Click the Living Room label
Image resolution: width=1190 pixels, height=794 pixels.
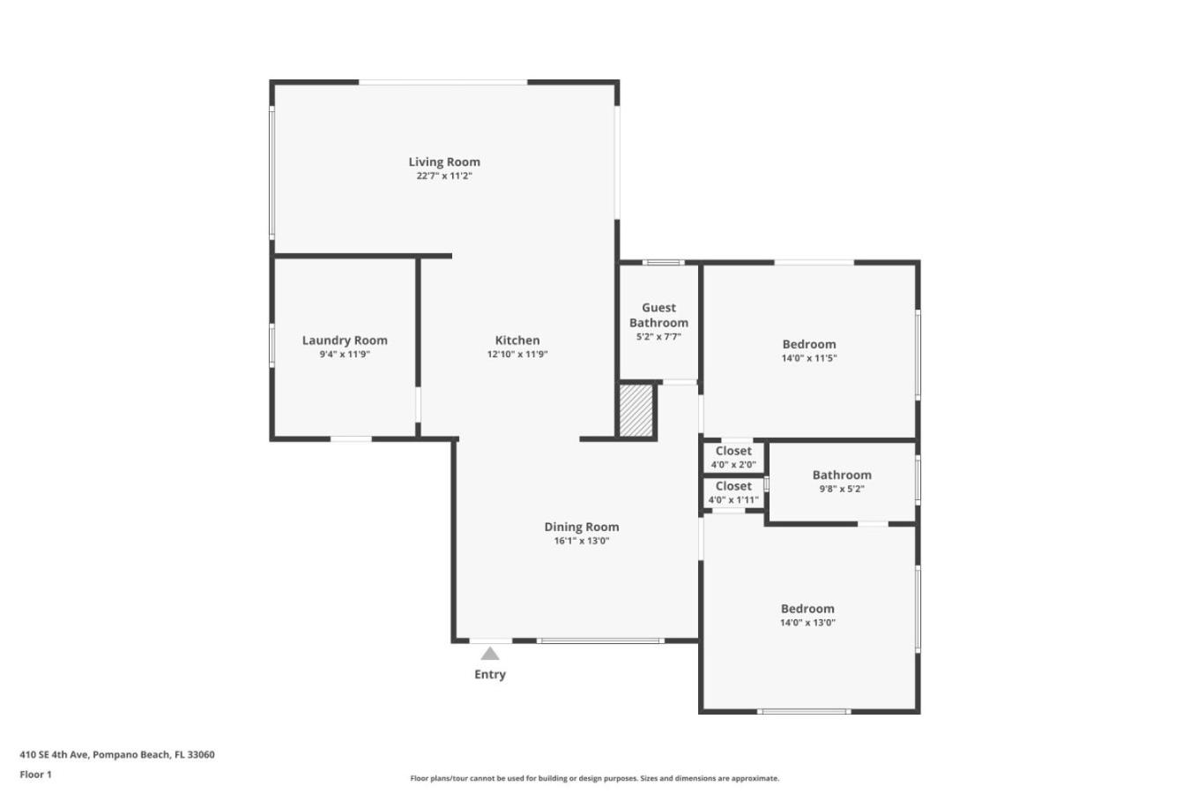[x=444, y=161]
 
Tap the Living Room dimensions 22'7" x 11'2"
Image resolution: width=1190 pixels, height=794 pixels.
[x=444, y=176]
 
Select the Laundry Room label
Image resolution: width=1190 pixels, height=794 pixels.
[x=345, y=341]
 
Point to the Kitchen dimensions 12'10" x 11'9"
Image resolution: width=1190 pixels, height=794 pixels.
[x=517, y=354]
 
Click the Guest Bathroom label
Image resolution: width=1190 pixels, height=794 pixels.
[x=658, y=315]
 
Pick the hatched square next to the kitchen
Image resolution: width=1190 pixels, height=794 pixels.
[x=636, y=410]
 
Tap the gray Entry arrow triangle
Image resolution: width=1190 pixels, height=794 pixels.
[x=490, y=653]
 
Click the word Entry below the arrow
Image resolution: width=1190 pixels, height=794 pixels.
[x=490, y=674]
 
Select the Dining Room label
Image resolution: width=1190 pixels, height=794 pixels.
[x=582, y=527]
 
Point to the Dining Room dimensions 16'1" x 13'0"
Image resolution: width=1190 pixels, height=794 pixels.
[x=582, y=541]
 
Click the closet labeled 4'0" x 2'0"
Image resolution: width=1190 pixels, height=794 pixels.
[x=733, y=457]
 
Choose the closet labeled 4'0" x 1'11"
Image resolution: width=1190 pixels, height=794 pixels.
[x=733, y=492]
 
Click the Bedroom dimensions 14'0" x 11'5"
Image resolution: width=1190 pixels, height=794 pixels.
[x=809, y=358]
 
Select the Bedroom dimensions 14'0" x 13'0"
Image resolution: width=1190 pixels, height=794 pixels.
[x=807, y=623]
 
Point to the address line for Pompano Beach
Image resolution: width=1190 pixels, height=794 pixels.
[x=117, y=754]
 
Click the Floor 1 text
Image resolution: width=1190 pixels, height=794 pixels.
[x=35, y=775]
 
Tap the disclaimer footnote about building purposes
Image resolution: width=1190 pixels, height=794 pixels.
[x=594, y=778]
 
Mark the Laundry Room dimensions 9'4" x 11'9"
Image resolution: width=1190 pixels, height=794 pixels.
[x=345, y=354]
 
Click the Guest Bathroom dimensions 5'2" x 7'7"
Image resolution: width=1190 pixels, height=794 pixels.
[x=658, y=337]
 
